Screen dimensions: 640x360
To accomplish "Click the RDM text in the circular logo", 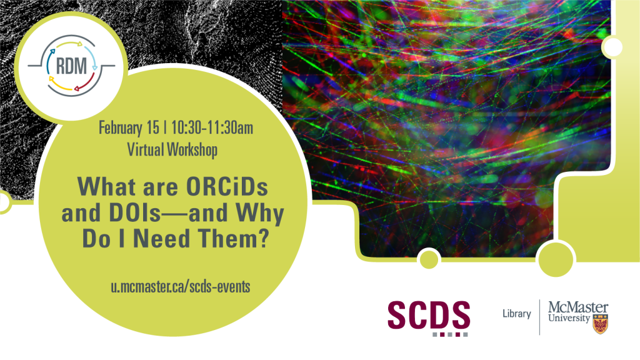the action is coord(71,66).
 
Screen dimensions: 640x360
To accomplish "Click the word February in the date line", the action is coord(121,127).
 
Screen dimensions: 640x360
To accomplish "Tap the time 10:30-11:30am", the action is coord(212,127).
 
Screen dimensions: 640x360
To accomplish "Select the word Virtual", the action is coord(145,149).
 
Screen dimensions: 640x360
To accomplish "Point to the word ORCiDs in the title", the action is coord(227,187).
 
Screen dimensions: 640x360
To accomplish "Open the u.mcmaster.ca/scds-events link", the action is coord(181,286).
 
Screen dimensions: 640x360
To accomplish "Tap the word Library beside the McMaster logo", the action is coord(517,314).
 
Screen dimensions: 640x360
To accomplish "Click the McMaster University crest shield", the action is coord(600,324).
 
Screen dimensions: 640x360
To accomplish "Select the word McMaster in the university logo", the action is coord(578,307).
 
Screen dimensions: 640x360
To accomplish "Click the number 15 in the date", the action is coord(152,127).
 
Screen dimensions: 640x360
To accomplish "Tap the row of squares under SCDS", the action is coord(450,335).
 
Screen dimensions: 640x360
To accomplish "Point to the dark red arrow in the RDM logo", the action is coord(86,83).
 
